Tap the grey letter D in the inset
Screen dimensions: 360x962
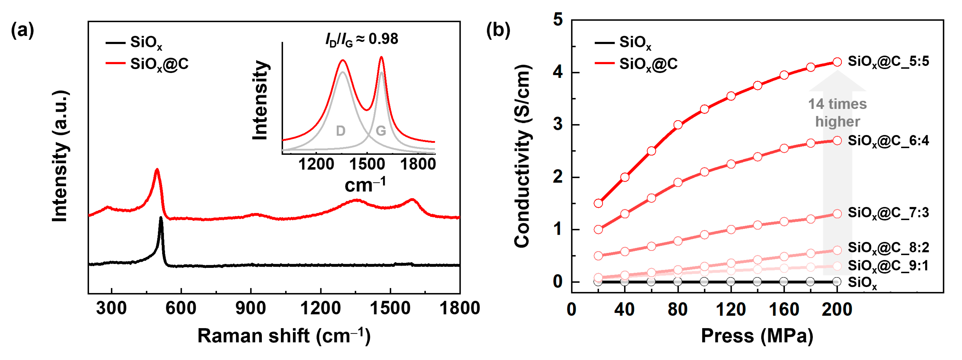click(x=341, y=131)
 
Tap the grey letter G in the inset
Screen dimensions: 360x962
click(x=380, y=131)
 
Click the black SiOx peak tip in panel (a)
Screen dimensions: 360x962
click(x=161, y=218)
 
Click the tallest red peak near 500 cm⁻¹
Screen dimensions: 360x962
click(x=157, y=170)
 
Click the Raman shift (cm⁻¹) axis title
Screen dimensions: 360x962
click(x=284, y=336)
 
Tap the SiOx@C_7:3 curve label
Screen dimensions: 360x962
click(x=888, y=213)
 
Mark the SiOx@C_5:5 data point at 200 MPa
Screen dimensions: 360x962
click(x=837, y=62)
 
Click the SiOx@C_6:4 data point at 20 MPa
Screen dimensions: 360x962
click(x=598, y=229)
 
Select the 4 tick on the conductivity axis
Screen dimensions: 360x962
click(x=558, y=72)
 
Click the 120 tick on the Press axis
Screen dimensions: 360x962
click(x=731, y=310)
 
